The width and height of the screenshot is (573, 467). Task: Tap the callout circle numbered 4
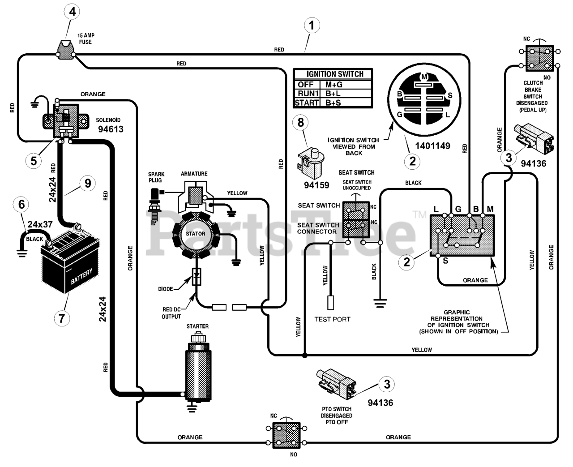point(72,12)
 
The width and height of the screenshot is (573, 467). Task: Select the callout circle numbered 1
point(312,26)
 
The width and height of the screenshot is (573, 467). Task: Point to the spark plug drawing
point(155,206)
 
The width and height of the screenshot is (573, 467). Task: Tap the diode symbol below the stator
point(197,277)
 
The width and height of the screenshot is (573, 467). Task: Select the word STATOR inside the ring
point(196,234)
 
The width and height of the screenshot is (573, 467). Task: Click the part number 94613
point(111,129)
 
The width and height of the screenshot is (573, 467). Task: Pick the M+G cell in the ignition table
point(334,85)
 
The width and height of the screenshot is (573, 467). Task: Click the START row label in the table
point(307,103)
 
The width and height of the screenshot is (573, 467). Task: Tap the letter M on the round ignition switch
point(424,77)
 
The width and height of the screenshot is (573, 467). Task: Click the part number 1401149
point(432,146)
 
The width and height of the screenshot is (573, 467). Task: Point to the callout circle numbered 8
point(300,122)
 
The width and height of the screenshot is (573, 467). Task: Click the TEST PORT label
point(333,319)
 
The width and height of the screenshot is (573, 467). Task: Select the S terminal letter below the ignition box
point(445,261)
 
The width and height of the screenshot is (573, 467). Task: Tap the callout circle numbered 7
point(62,318)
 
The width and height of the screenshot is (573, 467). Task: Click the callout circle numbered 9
point(88,183)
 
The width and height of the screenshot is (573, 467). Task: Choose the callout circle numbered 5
point(34,161)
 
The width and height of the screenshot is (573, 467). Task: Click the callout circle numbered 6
point(21,205)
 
